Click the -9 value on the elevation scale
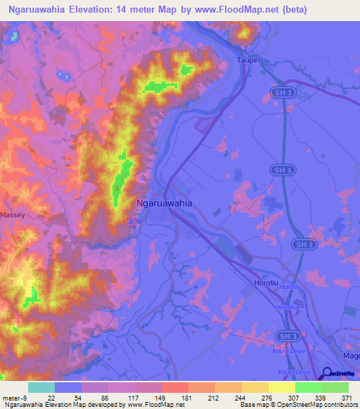click(x=25, y=398)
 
